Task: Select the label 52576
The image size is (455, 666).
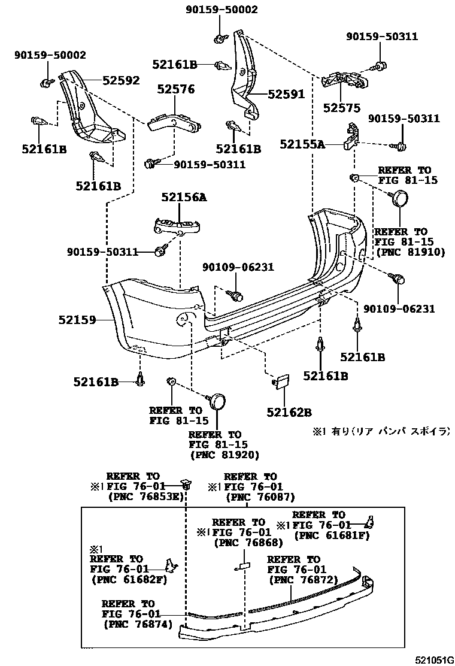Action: click(176, 89)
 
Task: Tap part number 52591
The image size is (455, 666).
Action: click(286, 95)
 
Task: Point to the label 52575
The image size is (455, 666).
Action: click(342, 108)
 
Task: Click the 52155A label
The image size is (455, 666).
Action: click(302, 144)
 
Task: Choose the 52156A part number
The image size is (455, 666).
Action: click(183, 196)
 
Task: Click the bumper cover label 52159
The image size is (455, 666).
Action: click(77, 320)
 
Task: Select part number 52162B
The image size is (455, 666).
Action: click(290, 412)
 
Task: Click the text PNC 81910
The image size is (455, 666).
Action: click(410, 252)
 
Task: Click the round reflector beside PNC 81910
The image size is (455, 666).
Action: click(399, 197)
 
